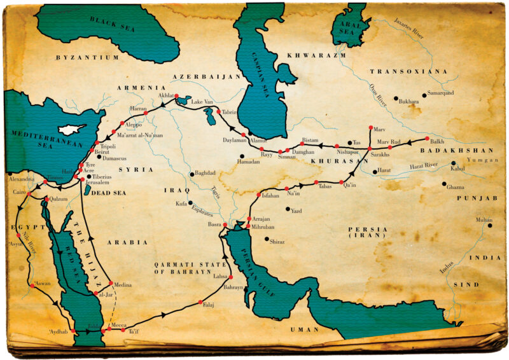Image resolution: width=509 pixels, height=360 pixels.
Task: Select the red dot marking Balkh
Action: [x=426, y=137]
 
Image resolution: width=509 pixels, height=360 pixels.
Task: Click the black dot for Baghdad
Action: [x=191, y=174]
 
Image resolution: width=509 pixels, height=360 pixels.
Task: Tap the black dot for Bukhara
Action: [x=395, y=99]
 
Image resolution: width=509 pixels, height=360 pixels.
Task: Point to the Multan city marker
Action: [x=490, y=225]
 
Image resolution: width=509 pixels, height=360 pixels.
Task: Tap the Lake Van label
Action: [x=202, y=102]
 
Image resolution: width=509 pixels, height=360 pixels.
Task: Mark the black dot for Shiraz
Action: [x=267, y=239]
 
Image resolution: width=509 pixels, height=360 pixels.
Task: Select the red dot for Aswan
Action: [x=32, y=286]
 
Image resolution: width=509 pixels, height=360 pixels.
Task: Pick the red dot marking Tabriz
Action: [x=218, y=112]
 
